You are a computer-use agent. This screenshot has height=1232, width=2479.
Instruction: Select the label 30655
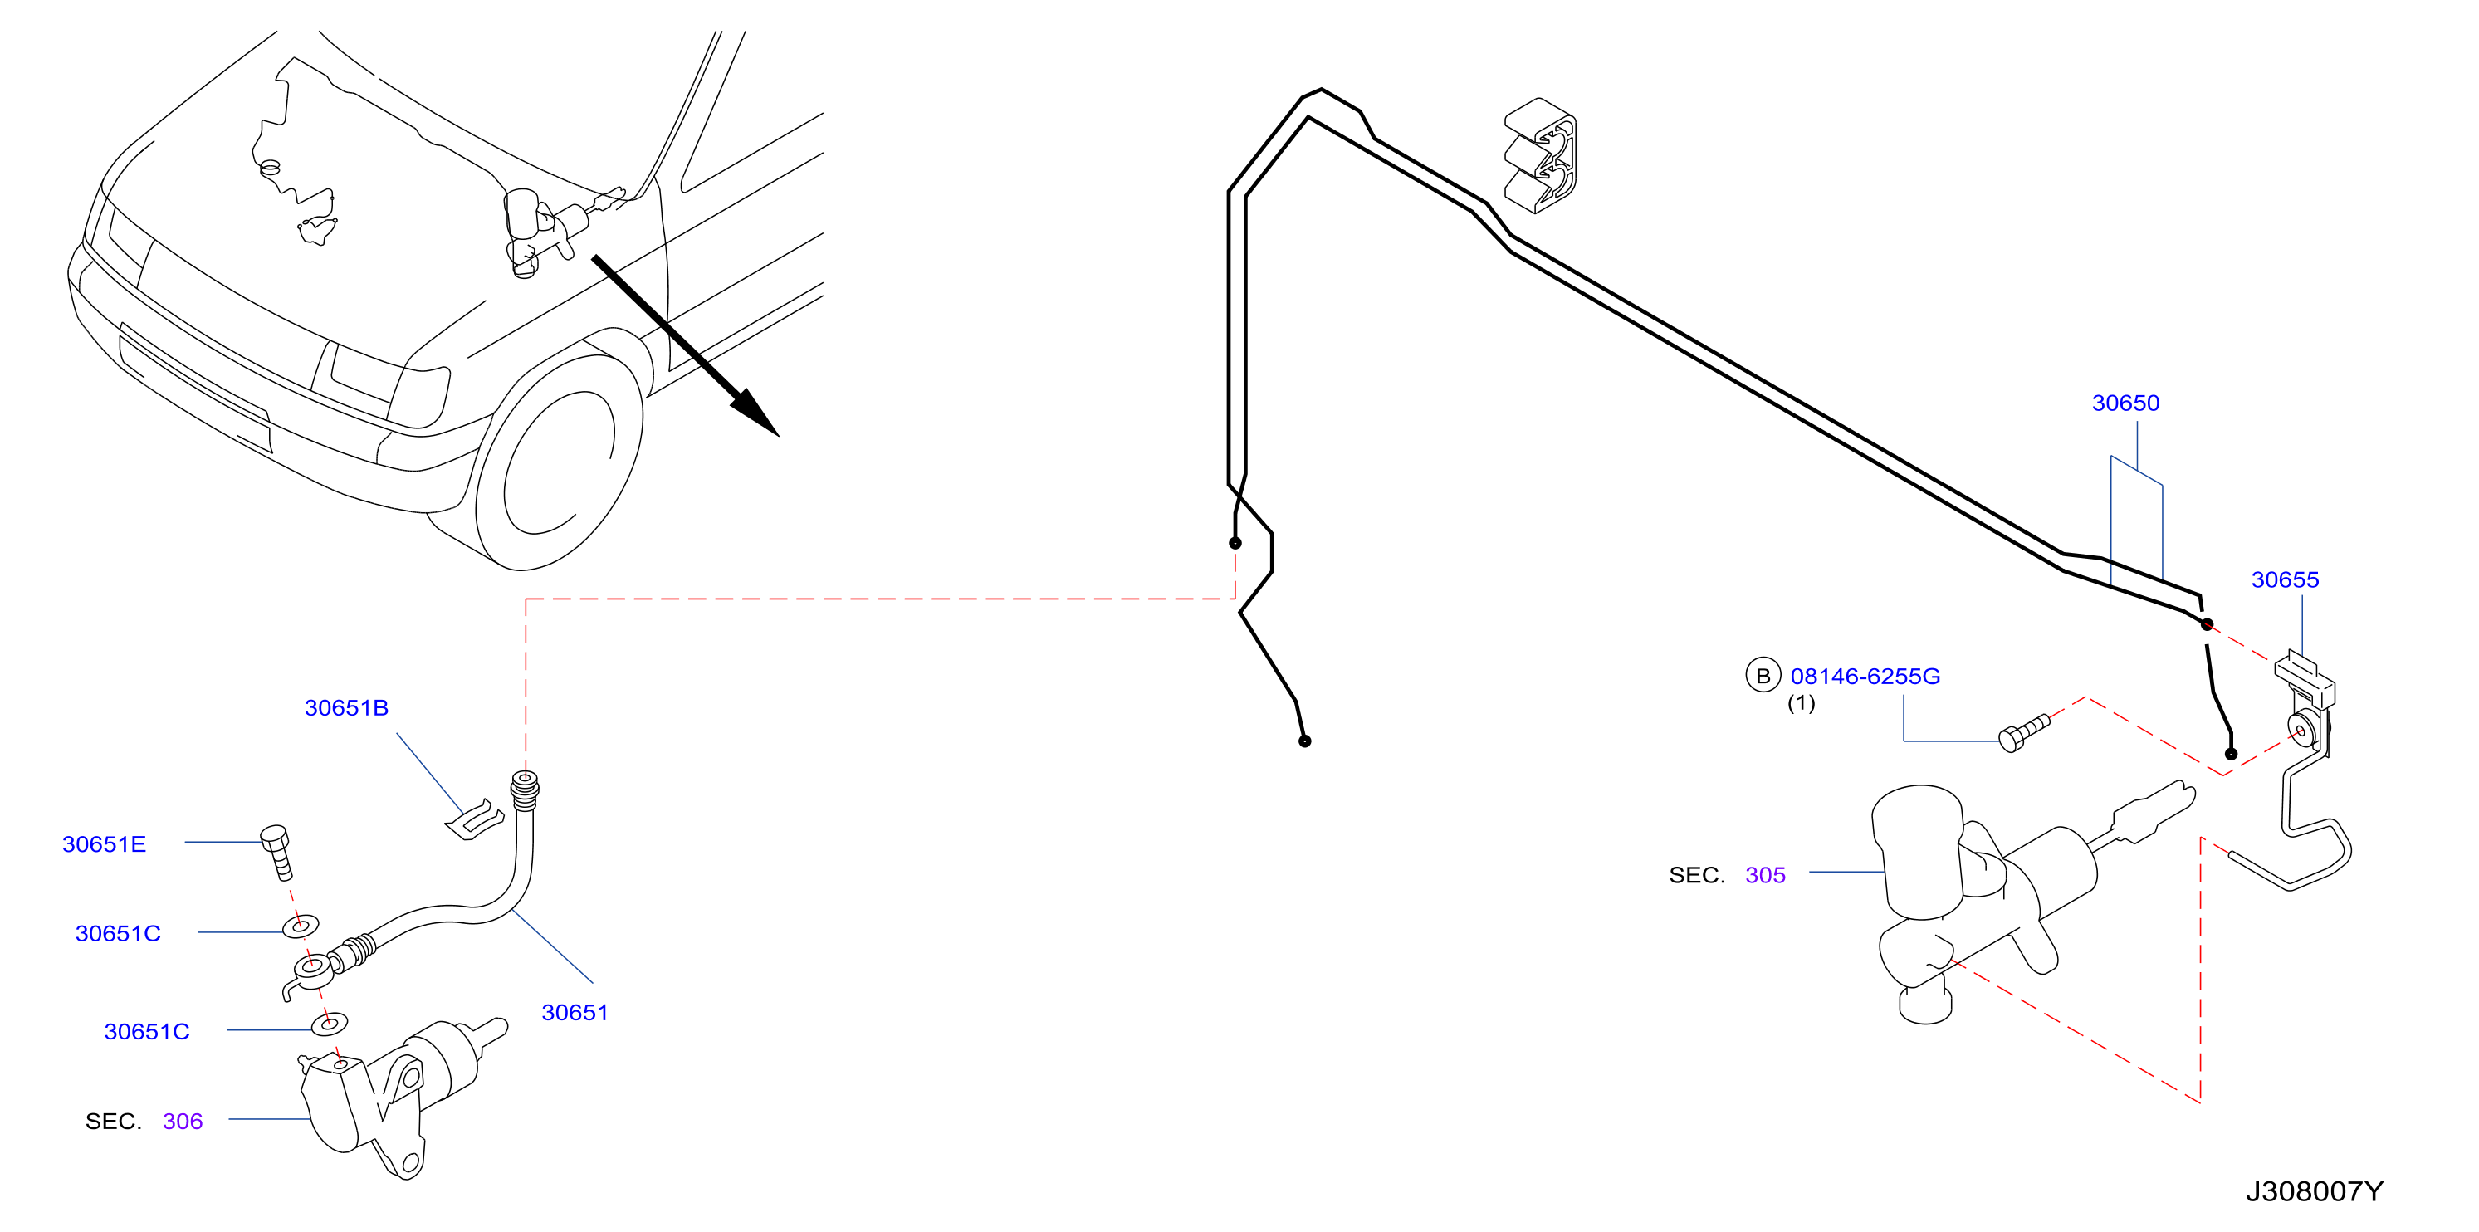click(x=2285, y=579)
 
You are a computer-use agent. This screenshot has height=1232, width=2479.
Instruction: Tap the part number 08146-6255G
click(x=1865, y=677)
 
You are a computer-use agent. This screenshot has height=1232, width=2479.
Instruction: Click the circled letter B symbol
click(x=1763, y=676)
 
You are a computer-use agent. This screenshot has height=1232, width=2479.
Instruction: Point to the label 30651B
click(x=346, y=708)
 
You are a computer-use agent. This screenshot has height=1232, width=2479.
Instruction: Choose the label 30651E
click(x=104, y=844)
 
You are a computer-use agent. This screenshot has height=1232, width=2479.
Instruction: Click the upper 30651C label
click(x=119, y=934)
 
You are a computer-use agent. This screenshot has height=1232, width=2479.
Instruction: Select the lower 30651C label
click(x=147, y=1032)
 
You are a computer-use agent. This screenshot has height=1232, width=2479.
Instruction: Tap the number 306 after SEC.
click(x=183, y=1122)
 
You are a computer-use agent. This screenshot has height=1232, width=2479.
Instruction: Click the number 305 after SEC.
click(x=1765, y=875)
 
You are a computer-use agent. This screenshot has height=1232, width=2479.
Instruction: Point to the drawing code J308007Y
click(x=2315, y=1191)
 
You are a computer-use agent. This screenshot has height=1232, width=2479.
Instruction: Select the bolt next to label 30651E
click(x=277, y=852)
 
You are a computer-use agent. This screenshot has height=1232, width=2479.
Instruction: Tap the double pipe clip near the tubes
click(x=1541, y=155)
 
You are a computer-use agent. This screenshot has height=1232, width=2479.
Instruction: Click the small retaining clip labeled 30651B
click(x=474, y=820)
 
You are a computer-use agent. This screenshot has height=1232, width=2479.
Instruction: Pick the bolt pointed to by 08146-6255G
click(x=2024, y=732)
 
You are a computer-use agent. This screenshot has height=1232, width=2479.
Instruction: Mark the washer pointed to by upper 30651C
click(x=301, y=926)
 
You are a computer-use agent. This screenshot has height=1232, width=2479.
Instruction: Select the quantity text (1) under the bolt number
click(x=1802, y=704)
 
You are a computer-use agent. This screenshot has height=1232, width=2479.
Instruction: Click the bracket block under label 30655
click(x=2305, y=678)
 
